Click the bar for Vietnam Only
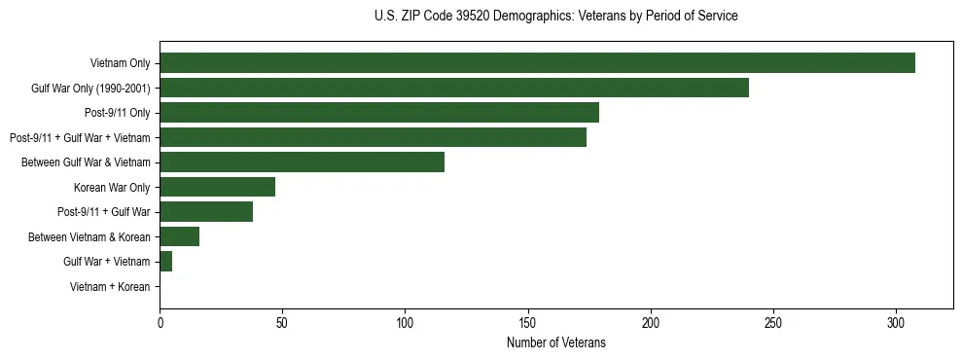pos(537,63)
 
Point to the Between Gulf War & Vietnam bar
pos(302,162)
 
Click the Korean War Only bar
pos(217,187)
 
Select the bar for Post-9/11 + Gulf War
pos(206,212)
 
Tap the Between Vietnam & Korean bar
pos(179,236)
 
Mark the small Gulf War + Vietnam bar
pos(165,262)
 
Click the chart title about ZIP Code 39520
pos(555,17)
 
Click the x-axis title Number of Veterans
pos(555,343)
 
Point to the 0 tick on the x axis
pos(160,323)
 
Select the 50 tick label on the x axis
pos(282,323)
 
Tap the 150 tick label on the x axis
pos(528,323)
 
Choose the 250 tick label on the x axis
pos(773,323)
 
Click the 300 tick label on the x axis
pos(896,323)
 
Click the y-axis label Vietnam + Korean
pos(110,287)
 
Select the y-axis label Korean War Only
pos(111,188)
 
